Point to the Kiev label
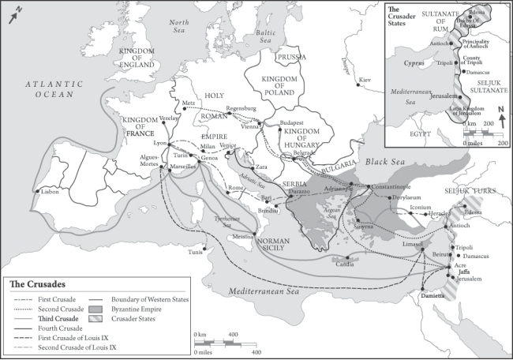pyautogui.click(x=364, y=81)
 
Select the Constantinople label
pyautogui.click(x=393, y=197)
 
